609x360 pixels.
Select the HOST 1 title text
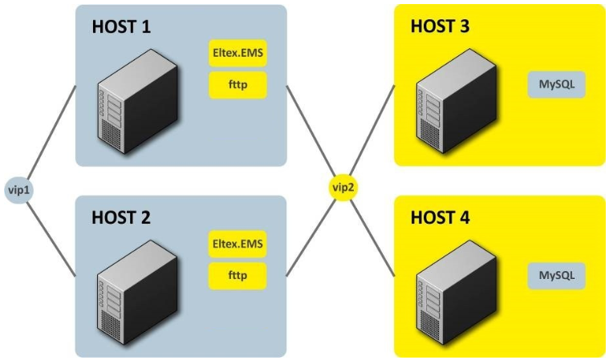(x=121, y=26)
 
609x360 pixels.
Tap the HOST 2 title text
(x=121, y=217)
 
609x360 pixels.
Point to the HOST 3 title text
(x=440, y=26)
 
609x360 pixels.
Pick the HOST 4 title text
(x=440, y=217)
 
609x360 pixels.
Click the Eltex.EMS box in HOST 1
(x=238, y=55)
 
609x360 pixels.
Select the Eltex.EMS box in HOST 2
(x=238, y=244)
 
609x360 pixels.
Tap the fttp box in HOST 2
(x=238, y=275)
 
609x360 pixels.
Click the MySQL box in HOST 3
(x=556, y=84)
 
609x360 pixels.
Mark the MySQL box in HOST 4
(x=556, y=275)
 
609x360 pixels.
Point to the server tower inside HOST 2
(x=129, y=293)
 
